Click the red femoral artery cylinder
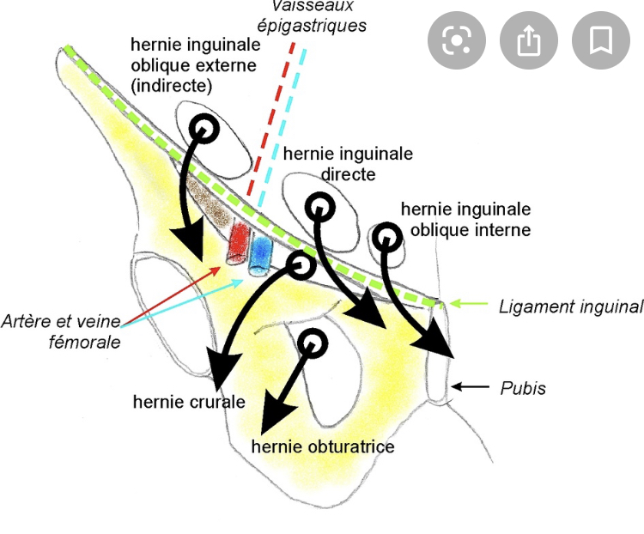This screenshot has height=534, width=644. coord(237,244)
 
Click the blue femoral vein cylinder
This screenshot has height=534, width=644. coord(259,255)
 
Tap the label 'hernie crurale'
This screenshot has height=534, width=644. coord(189,401)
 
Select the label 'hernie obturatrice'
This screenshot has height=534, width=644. coord(323,447)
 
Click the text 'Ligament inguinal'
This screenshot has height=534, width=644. coord(571,306)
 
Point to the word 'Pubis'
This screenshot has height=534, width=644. coord(523,388)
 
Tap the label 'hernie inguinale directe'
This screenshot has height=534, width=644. coord(348,163)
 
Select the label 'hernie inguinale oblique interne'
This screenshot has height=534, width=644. coord(466,219)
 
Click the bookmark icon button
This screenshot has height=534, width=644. coord(600,39)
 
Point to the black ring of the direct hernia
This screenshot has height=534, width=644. coord(320,207)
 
